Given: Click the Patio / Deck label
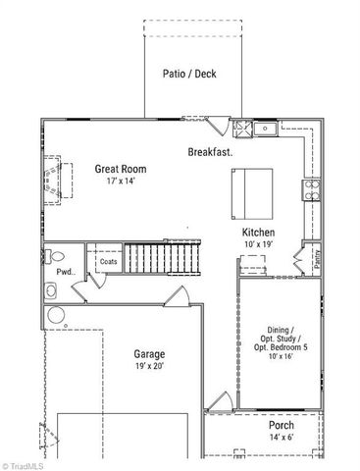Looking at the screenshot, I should pos(190,73).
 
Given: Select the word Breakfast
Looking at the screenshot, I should pos(211,152).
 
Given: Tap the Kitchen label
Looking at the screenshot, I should pos(258,233).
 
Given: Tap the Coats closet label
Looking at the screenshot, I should pos(107,261).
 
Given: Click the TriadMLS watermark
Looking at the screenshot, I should pos(25,463).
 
